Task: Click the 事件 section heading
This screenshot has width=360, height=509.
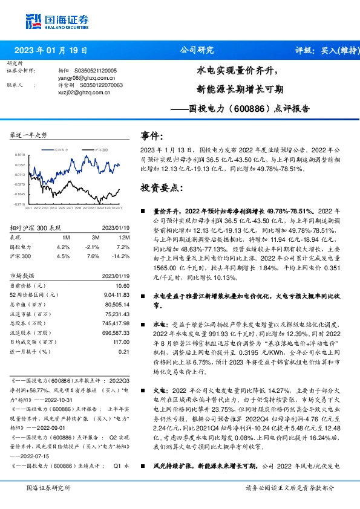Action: click(152, 137)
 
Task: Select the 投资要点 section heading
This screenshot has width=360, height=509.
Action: click(162, 187)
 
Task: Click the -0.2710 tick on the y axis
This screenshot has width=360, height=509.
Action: click(19, 204)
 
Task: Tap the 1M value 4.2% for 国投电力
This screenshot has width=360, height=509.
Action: click(64, 247)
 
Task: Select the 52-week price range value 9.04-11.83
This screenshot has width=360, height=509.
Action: click(118, 294)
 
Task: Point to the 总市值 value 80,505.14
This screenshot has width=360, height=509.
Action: click(117, 305)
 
